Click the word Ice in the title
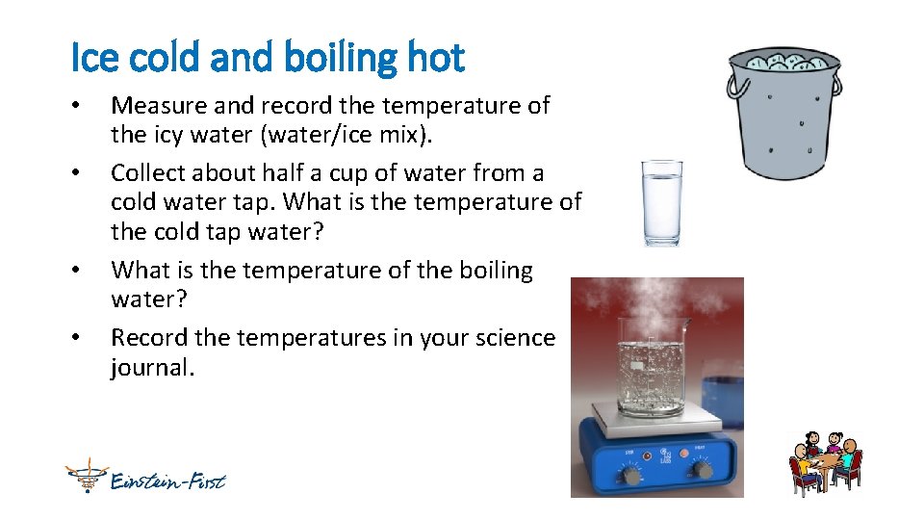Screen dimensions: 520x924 [x=92, y=58]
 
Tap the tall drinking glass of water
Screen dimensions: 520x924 [x=662, y=202]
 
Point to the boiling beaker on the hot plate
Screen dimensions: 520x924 [x=652, y=371]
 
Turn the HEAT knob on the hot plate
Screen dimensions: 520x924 [x=702, y=469]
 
